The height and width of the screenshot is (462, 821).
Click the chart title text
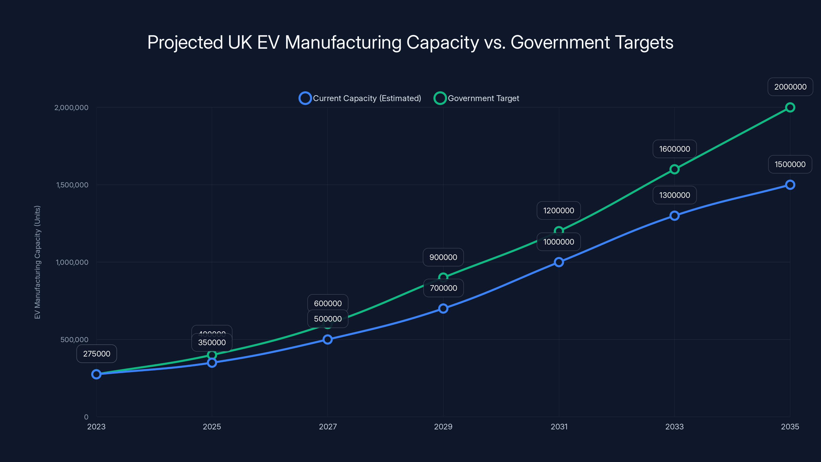click(410, 42)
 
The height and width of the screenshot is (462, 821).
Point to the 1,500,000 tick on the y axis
click(72, 185)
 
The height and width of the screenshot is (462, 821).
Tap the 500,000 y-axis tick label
click(74, 340)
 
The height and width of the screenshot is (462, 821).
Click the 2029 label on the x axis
click(443, 427)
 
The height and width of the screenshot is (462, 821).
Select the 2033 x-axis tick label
click(675, 427)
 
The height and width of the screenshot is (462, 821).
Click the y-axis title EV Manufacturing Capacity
click(37, 262)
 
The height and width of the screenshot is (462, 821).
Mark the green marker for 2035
click(790, 108)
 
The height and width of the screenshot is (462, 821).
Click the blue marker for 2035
click(790, 185)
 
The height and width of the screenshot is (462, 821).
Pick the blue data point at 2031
click(559, 262)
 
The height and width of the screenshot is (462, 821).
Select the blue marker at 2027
click(328, 339)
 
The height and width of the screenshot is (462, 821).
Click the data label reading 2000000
click(790, 87)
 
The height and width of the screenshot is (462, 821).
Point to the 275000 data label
click(96, 354)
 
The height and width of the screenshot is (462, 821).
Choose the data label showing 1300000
click(675, 195)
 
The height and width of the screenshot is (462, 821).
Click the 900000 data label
click(443, 257)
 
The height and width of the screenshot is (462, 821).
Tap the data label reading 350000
click(212, 342)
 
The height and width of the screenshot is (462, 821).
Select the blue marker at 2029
click(443, 308)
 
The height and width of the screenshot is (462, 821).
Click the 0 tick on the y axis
click(86, 417)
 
